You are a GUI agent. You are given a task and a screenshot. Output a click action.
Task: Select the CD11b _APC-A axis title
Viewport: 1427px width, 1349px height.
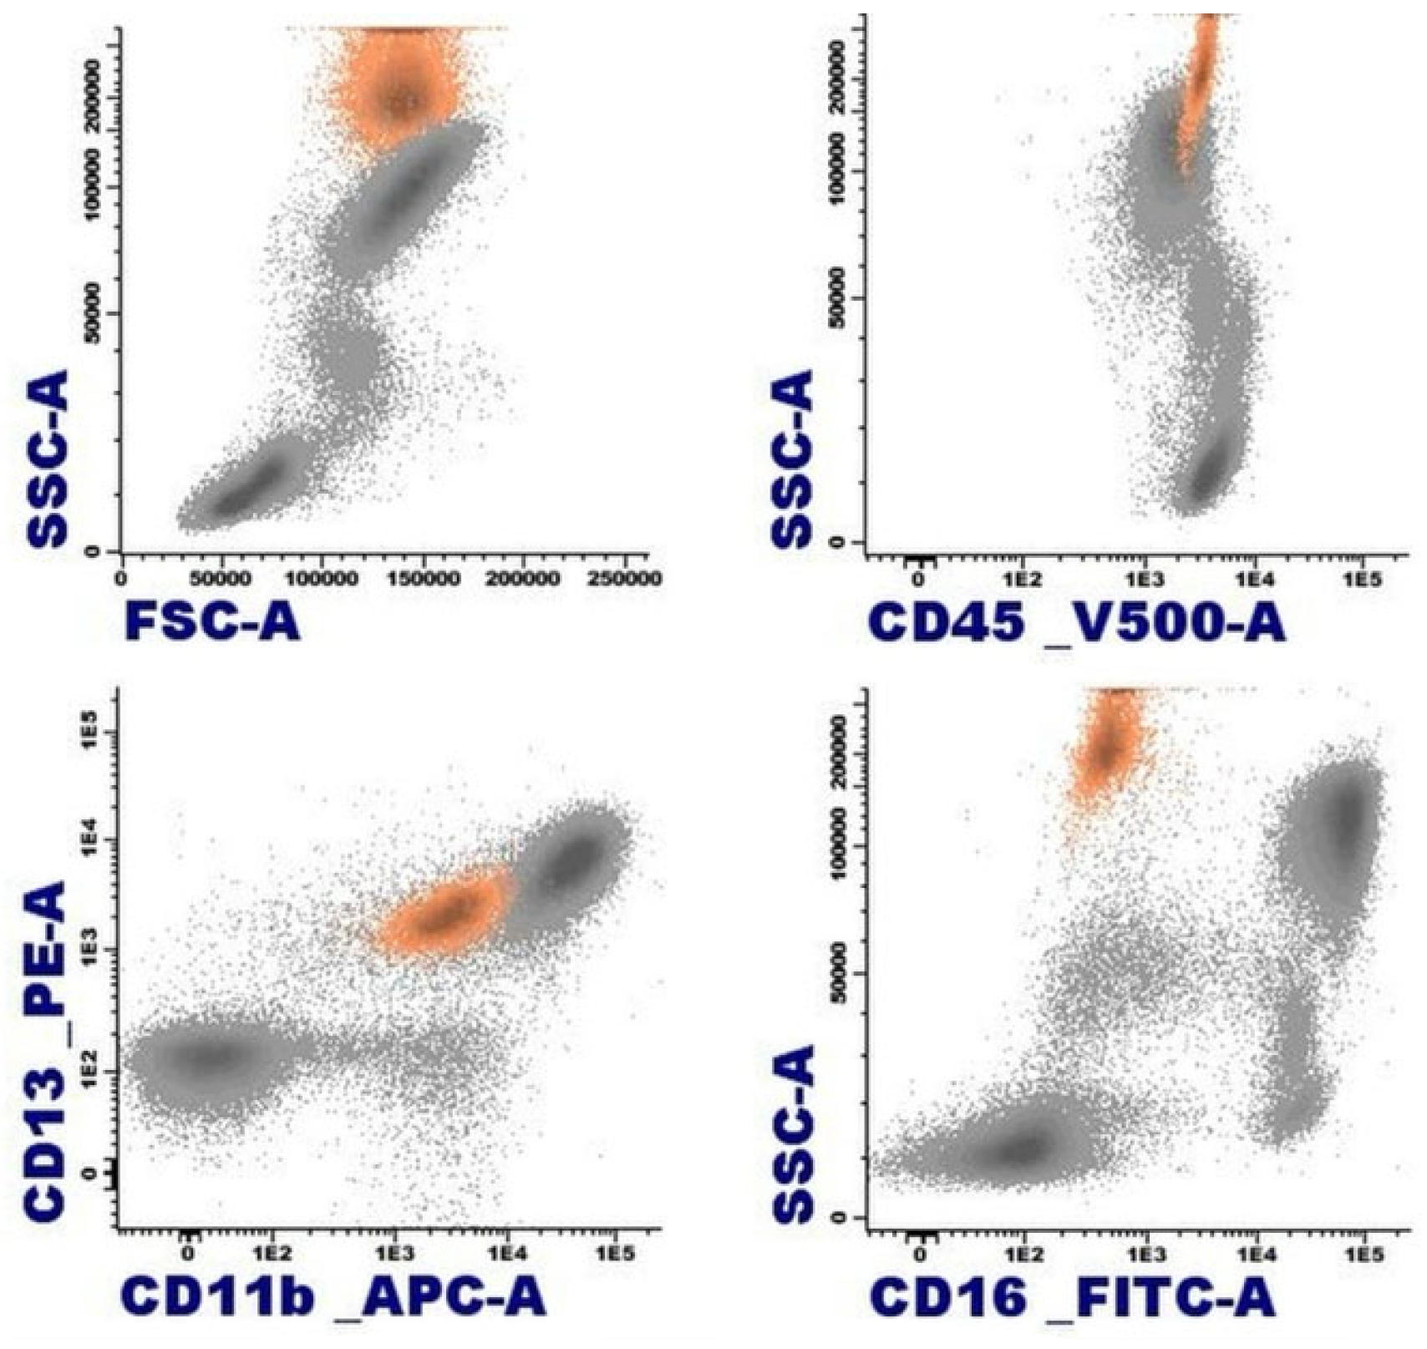333,1296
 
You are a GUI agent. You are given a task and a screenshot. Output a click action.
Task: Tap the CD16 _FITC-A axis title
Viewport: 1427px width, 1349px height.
1071,1296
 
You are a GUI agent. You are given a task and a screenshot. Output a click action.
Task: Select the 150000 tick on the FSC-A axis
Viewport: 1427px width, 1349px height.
424,578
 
